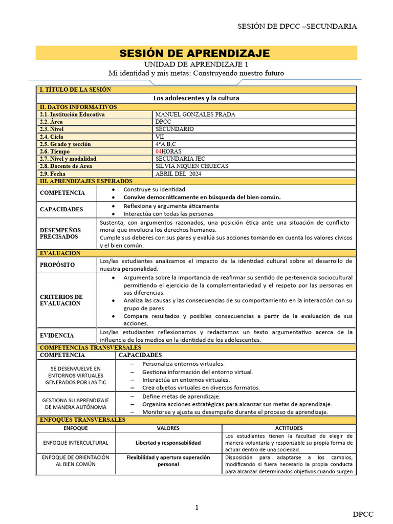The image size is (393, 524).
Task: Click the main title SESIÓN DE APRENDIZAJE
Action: pos(194,53)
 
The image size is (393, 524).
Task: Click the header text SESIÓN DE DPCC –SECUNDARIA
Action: pos(297,26)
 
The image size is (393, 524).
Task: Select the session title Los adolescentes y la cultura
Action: pos(196,98)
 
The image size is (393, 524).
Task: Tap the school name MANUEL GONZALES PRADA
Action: pos(195,115)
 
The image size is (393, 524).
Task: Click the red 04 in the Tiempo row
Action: pos(158,151)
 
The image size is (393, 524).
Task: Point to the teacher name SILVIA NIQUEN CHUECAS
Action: pos(191,166)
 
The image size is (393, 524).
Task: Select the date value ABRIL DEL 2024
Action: pos(178,174)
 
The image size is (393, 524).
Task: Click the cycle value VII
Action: pos(160,137)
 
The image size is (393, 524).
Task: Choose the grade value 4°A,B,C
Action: pos(166,144)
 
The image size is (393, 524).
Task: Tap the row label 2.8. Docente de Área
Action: pos(67,166)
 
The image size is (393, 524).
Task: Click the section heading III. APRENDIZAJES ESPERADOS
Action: pos(86,181)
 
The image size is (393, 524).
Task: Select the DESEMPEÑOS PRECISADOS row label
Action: pos(60,234)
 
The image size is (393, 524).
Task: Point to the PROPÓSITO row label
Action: pos(57,265)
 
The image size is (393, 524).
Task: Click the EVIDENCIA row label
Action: pos(57,336)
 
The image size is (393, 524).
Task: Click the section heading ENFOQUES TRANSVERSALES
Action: pos(82,420)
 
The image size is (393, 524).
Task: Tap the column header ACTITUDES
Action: pos(289,428)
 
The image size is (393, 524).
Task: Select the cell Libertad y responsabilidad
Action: pos(168,443)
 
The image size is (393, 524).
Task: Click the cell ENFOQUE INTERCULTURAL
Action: pos(76,443)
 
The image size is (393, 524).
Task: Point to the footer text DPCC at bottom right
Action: pos(363,514)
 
